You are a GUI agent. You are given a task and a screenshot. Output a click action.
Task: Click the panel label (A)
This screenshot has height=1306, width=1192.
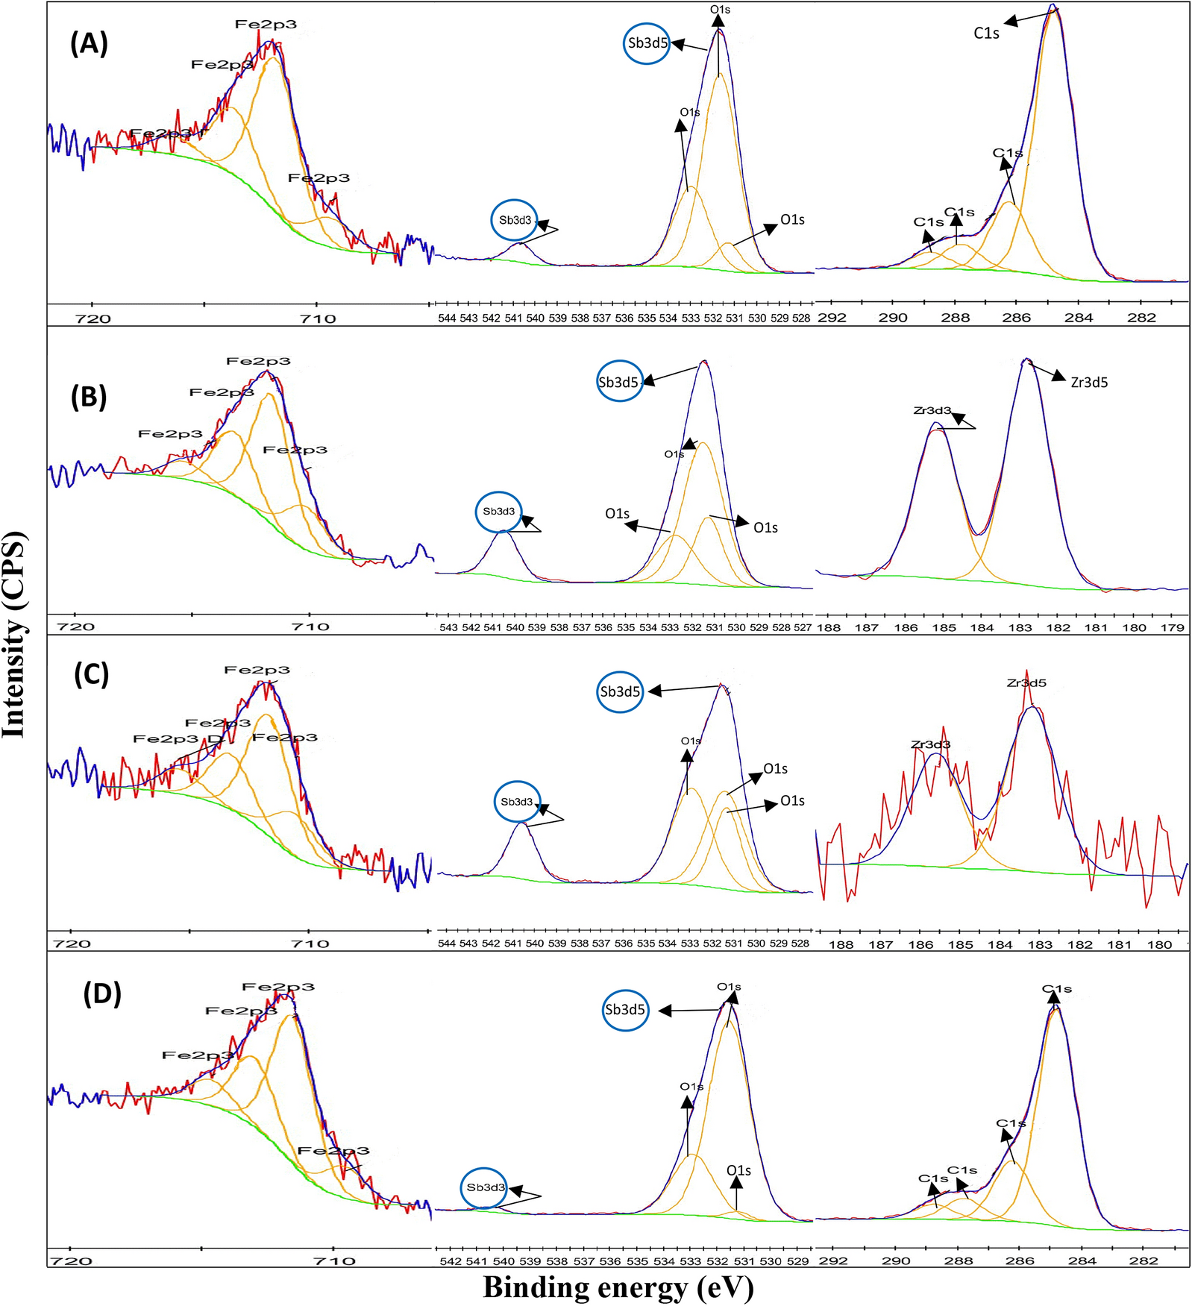click(89, 45)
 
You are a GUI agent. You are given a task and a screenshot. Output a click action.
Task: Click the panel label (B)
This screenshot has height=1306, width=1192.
click(89, 398)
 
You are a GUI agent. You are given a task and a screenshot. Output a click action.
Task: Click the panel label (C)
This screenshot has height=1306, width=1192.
click(91, 675)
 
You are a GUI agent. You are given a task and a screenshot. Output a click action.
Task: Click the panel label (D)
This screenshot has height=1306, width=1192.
click(102, 994)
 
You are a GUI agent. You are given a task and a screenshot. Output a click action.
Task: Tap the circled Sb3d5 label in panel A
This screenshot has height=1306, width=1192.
click(647, 43)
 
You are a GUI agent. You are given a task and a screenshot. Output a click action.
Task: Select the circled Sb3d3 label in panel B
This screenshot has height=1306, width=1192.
click(498, 512)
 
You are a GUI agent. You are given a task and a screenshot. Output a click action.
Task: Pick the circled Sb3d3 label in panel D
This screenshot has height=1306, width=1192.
click(485, 1187)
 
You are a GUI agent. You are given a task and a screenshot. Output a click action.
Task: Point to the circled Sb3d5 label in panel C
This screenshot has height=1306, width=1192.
click(620, 691)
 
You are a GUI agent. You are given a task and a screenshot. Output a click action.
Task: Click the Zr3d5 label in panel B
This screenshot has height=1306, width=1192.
click(1089, 383)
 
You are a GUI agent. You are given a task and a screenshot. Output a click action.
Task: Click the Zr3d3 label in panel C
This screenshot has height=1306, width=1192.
click(930, 744)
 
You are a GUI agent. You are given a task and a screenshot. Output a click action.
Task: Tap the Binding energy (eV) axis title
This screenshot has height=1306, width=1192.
click(618, 1287)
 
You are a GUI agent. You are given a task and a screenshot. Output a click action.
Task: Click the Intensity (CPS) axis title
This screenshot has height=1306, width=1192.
click(15, 634)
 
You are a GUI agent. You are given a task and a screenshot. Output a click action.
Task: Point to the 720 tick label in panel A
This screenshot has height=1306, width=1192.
click(93, 319)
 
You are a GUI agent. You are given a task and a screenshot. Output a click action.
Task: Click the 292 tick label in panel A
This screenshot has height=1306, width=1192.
click(832, 318)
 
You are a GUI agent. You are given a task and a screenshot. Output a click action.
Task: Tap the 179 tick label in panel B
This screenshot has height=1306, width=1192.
click(1173, 627)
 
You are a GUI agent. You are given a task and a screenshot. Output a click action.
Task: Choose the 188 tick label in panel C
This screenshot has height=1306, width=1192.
click(841, 944)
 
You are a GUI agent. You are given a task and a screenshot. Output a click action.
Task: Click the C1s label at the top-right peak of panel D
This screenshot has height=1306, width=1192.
click(1056, 989)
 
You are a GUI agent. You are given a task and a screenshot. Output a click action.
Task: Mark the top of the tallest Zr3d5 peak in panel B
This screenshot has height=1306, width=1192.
click(1027, 360)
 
